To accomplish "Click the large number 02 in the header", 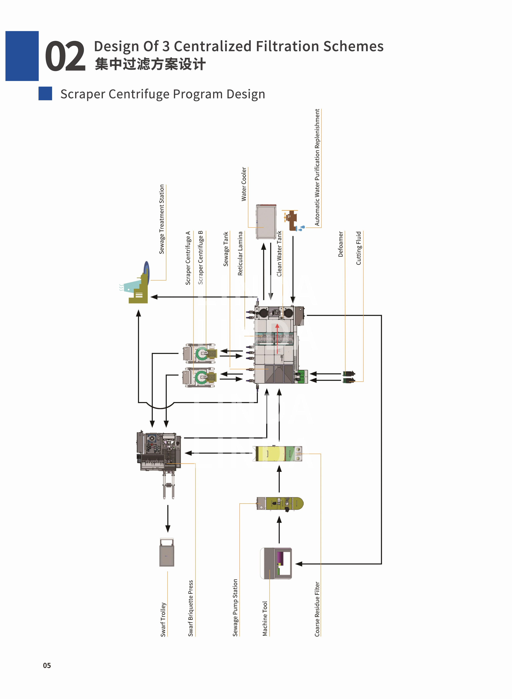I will point(65,56).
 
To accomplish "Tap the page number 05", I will point(47,665).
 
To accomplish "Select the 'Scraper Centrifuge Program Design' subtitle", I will point(163,94).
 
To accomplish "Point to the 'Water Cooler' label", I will point(244,184).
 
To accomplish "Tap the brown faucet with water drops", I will point(292,220).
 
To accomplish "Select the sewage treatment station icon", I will point(136,285).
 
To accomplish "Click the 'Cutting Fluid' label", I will point(359,248).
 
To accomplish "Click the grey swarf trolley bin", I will point(167,553).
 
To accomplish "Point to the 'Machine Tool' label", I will point(265,618).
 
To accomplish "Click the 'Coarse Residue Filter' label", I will point(317,609).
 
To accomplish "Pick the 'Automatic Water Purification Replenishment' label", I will point(317,167).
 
